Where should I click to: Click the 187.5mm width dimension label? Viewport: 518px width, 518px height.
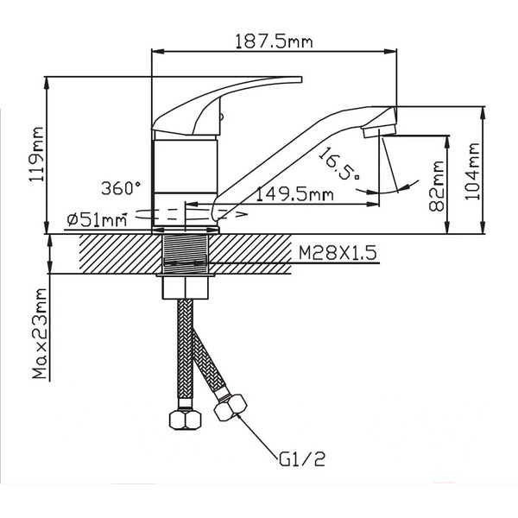[x=274, y=41]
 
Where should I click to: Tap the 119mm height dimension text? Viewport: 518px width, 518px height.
[x=36, y=155]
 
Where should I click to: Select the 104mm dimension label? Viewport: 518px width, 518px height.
[x=472, y=172]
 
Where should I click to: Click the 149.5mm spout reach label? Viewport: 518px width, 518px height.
[x=294, y=194]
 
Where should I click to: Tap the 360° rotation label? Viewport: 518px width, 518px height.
[x=121, y=188]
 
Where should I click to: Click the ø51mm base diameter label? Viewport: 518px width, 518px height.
[x=97, y=219]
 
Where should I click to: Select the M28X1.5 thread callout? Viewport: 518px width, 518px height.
[x=338, y=253]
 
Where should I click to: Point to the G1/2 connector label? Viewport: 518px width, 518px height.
[x=302, y=459]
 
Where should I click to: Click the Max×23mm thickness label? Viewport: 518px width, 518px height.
[x=40, y=333]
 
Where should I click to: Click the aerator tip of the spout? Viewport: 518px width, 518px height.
[x=379, y=129]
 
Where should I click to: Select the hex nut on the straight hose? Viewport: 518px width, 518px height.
[x=185, y=420]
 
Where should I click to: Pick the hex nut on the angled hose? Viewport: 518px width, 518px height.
[x=231, y=408]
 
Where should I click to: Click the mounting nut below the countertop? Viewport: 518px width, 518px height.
[x=186, y=287]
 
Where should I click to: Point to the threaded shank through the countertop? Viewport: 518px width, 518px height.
[x=186, y=255]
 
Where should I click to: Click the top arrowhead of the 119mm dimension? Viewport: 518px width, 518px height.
[x=47, y=83]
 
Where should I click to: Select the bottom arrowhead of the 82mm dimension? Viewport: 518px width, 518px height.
[x=447, y=227]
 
